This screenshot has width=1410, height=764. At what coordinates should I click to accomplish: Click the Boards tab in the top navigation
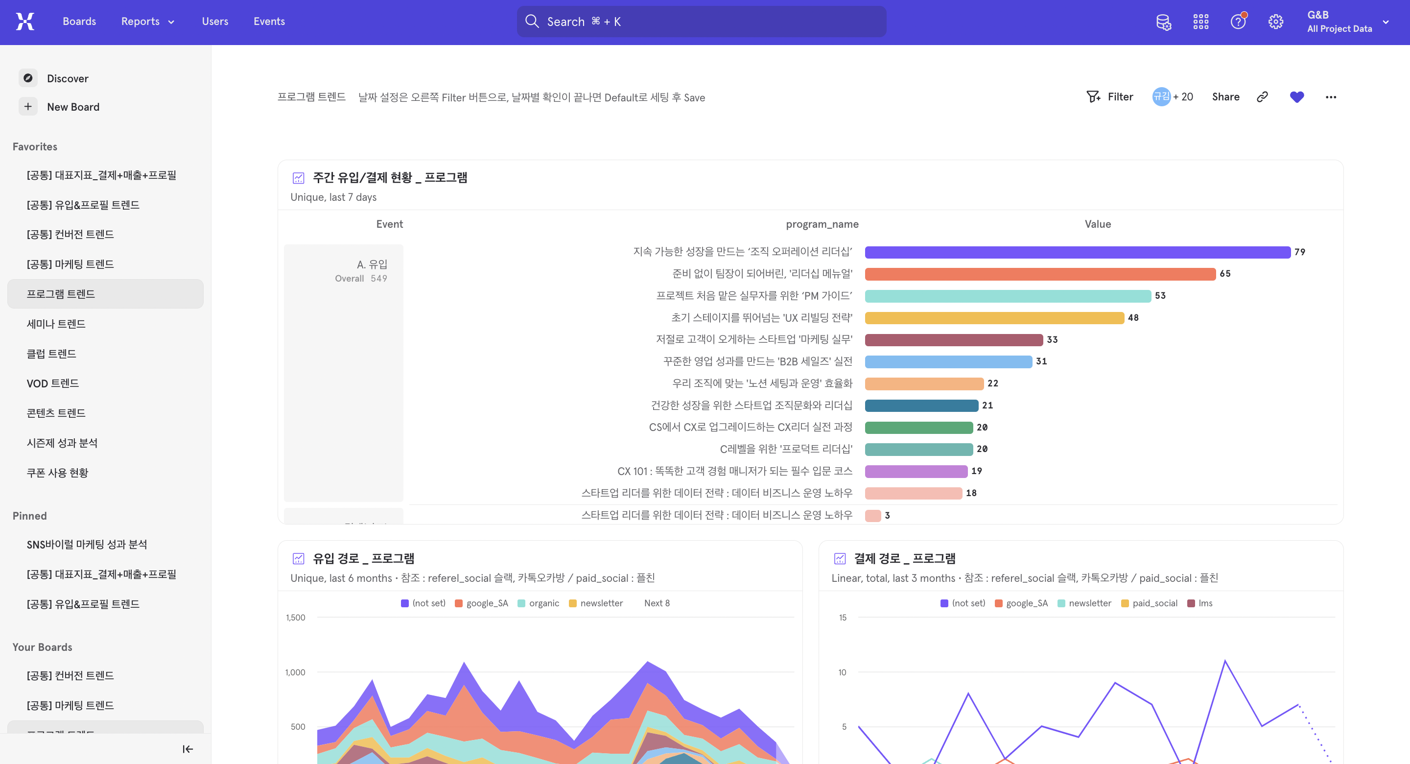coord(79,22)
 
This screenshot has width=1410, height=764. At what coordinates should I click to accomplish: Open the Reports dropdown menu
coord(148,22)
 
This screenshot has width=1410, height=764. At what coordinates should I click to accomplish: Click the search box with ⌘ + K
coord(701,22)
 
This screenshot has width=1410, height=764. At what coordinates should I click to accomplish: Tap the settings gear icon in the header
coord(1275,22)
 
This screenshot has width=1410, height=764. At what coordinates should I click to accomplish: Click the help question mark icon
coord(1238,22)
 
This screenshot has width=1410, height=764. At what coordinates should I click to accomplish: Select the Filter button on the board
coord(1109,97)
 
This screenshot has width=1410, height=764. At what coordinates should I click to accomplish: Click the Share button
coord(1225,97)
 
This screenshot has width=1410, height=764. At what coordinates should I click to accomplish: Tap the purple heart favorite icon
coord(1297,97)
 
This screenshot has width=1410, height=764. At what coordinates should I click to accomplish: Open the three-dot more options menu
coord(1331,97)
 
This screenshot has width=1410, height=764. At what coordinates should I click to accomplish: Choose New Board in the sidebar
coord(73,107)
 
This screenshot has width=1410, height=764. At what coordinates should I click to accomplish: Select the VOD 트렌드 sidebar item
coord(52,383)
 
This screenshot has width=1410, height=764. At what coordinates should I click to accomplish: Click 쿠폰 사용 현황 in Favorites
coord(57,473)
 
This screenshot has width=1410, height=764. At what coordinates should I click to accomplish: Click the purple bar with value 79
coord(1077,252)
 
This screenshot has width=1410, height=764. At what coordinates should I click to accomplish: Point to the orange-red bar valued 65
coord(1040,274)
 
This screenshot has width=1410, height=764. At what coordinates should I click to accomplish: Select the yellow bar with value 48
coord(994,318)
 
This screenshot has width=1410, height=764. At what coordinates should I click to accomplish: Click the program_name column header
coord(822,224)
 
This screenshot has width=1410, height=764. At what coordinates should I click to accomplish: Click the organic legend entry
coord(538,603)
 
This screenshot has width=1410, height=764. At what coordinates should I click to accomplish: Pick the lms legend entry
coord(1199,603)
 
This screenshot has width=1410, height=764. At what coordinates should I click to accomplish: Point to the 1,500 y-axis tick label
coord(296,617)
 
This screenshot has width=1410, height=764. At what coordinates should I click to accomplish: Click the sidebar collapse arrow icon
coord(188,749)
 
